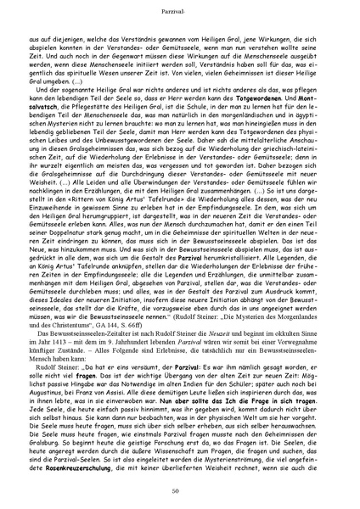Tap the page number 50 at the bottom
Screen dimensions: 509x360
coord(180,492)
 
